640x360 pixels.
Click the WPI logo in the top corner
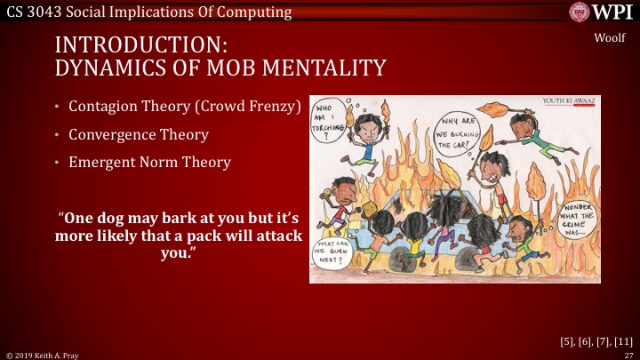602,13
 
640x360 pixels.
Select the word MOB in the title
256,67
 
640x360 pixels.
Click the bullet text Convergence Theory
139,135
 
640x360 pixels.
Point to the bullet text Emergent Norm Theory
149,163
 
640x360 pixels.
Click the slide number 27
628,354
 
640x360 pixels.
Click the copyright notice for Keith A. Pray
43,354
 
